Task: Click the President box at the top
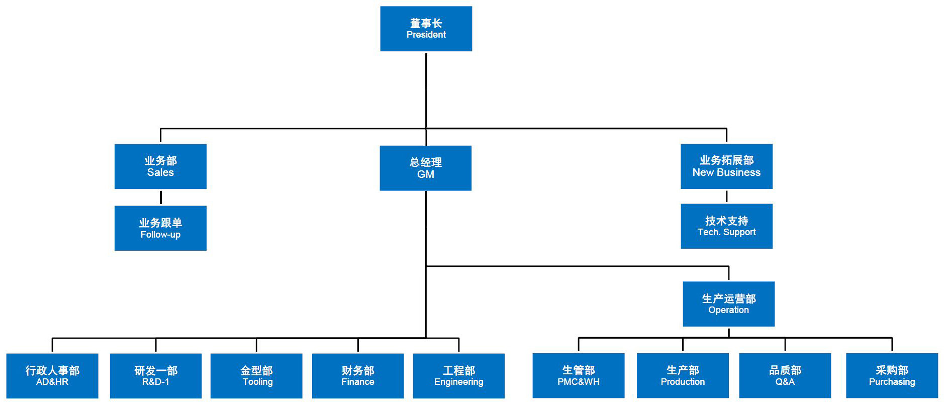click(426, 29)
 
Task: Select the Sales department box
click(160, 166)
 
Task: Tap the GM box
click(425, 168)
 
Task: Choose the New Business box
click(726, 166)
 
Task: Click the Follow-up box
click(160, 228)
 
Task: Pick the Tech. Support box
click(726, 226)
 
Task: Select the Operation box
click(728, 304)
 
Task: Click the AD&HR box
click(52, 376)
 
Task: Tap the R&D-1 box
click(156, 376)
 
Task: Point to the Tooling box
click(256, 376)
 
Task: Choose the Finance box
click(358, 376)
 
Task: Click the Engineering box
click(458, 376)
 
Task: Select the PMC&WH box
click(579, 375)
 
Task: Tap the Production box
click(683, 375)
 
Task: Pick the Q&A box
click(785, 375)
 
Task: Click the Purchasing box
click(892, 375)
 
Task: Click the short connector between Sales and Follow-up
click(161, 197)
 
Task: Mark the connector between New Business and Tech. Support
click(726, 196)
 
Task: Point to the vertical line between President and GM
click(426, 90)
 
